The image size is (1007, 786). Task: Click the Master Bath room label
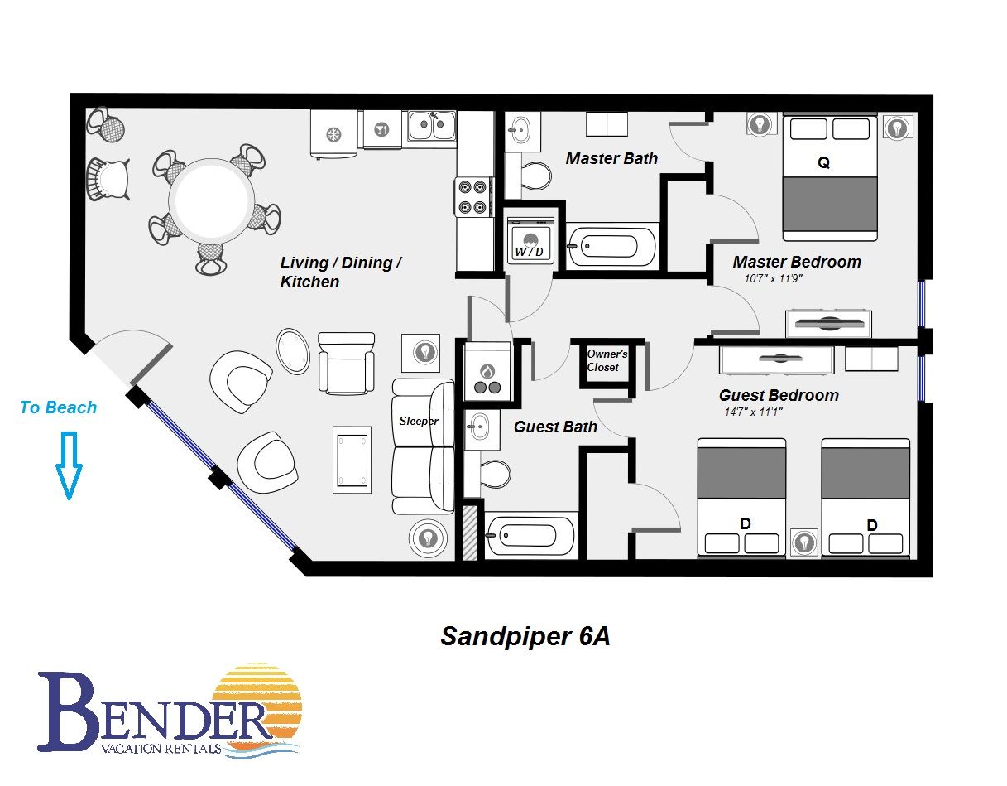[611, 158]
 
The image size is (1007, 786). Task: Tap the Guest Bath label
[555, 427]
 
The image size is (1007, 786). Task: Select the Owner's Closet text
[607, 360]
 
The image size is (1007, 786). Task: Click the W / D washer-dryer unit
[530, 241]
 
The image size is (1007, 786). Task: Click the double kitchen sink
[431, 126]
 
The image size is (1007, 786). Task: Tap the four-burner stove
[472, 196]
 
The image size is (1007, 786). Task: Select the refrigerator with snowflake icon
[333, 134]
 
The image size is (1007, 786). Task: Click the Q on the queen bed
[823, 163]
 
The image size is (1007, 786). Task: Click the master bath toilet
[535, 176]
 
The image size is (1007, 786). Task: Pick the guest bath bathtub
[530, 536]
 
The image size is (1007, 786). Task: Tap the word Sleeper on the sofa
[419, 421]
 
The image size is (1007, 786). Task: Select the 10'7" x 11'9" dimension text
[773, 278]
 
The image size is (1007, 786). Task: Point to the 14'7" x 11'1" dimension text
[753, 412]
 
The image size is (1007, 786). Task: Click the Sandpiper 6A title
[525, 636]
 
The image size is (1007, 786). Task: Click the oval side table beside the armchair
[293, 351]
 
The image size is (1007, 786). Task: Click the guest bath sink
[480, 427]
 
